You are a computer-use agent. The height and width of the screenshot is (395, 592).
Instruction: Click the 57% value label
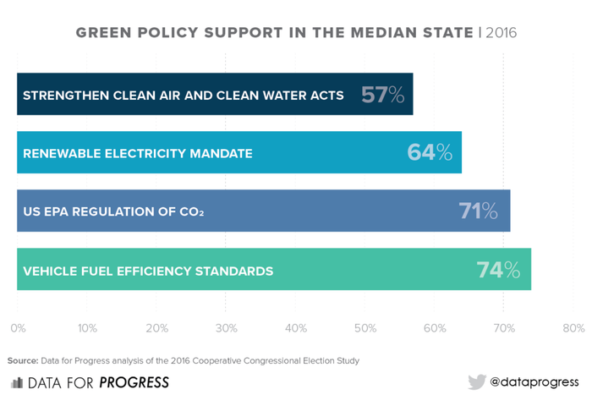click(x=383, y=95)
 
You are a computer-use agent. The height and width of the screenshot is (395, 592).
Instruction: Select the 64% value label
click(x=430, y=153)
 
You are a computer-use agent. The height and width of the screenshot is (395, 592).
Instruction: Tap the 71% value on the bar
click(x=478, y=211)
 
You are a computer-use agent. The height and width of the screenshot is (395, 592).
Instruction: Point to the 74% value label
click(x=498, y=270)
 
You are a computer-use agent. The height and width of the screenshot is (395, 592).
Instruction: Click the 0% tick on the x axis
click(x=18, y=327)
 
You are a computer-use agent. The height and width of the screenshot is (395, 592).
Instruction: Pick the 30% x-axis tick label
click(x=226, y=327)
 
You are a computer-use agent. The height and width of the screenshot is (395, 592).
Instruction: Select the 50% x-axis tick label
click(x=365, y=327)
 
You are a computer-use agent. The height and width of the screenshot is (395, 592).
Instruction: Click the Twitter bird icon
click(x=477, y=382)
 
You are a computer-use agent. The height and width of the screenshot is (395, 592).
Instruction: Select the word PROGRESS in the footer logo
click(x=134, y=382)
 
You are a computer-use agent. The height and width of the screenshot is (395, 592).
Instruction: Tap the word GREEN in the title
click(x=103, y=33)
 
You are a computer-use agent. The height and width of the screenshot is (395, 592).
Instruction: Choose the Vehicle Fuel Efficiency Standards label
click(x=148, y=272)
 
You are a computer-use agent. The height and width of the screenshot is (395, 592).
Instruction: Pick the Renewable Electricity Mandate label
click(x=138, y=154)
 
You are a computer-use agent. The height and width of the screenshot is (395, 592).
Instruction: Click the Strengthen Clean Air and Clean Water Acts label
click(x=183, y=96)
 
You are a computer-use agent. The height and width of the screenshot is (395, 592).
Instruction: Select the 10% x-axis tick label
click(x=87, y=327)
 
